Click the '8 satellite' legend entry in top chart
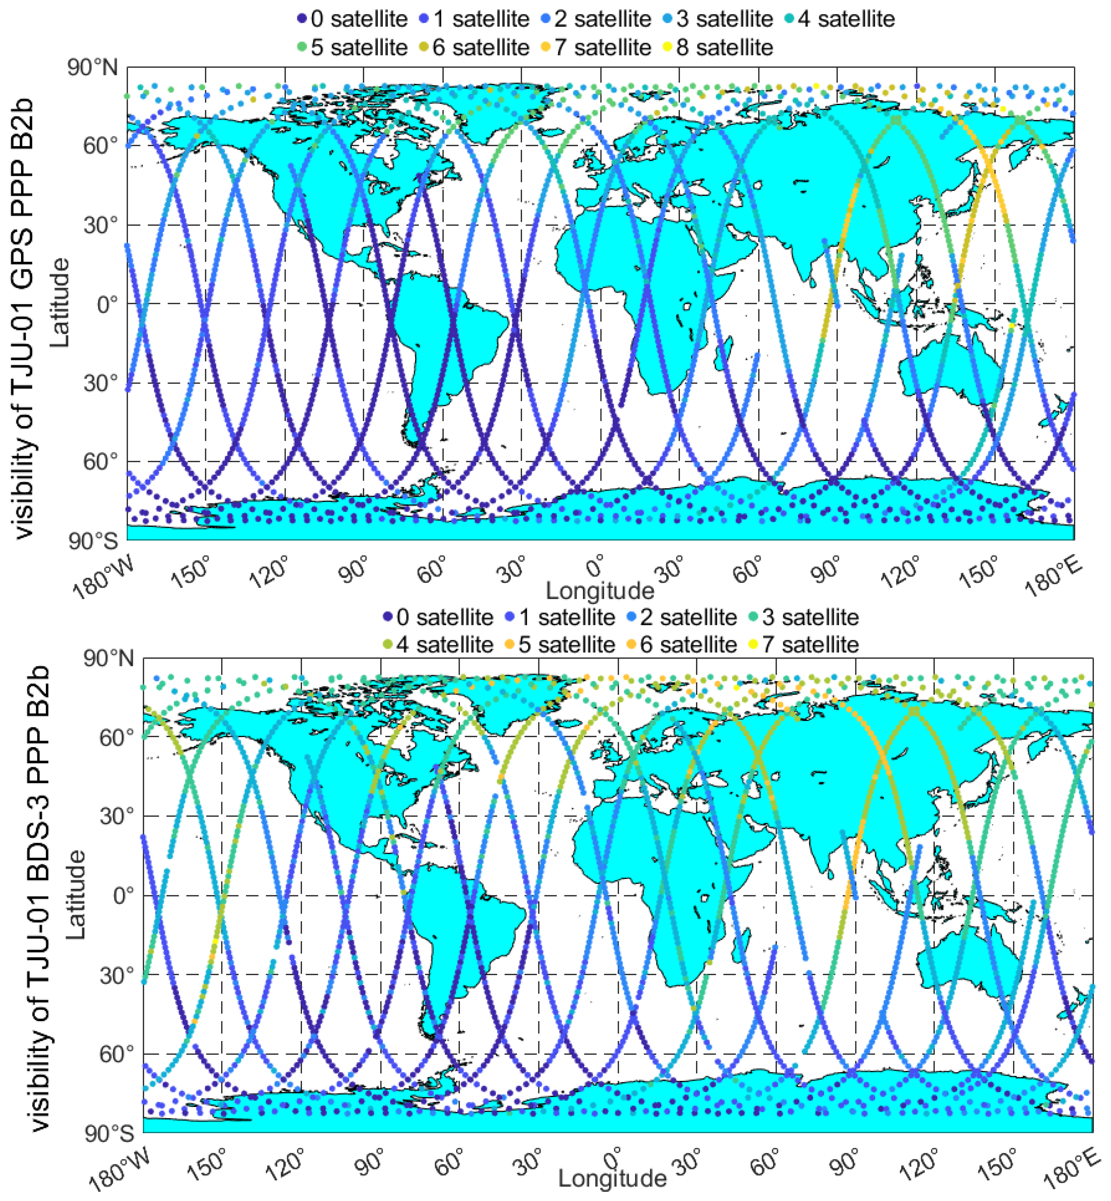point(724,47)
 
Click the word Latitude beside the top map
point(60,302)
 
